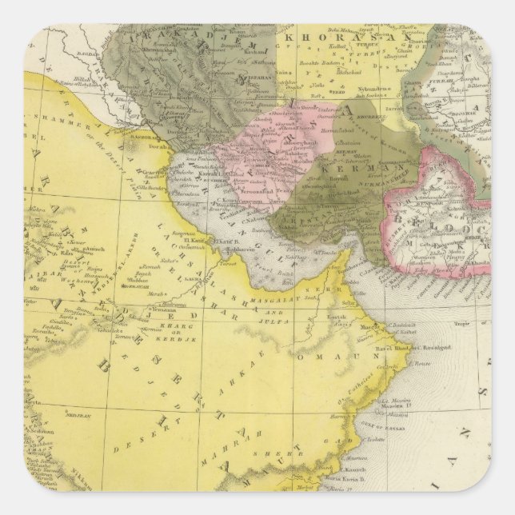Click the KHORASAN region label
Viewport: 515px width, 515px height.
pyautogui.click(x=336, y=38)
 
